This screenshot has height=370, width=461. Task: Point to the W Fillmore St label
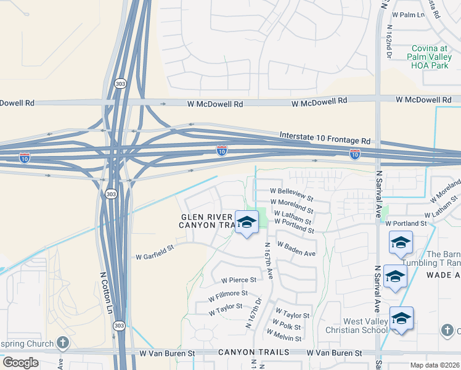227,297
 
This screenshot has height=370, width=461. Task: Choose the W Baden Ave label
296,249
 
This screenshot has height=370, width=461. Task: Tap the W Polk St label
287,327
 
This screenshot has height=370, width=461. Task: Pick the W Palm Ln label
413,14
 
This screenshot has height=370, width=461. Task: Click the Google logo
20,363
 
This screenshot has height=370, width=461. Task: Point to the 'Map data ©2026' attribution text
435,365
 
